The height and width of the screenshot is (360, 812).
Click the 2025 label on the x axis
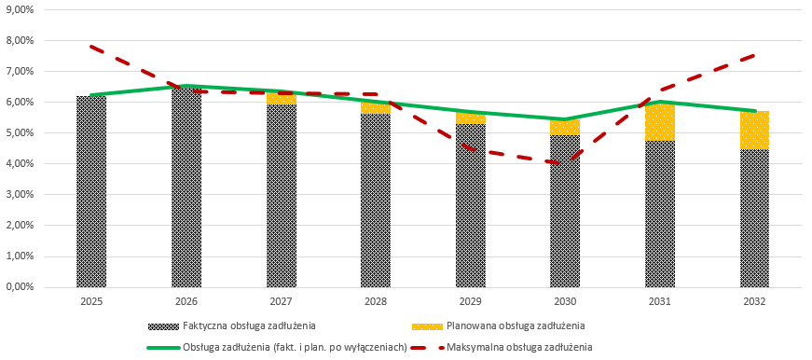click(91, 301)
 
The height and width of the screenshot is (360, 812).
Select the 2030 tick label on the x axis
click(565, 301)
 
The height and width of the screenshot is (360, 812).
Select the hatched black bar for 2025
click(91, 191)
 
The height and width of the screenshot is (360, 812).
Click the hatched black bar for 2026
click(186, 187)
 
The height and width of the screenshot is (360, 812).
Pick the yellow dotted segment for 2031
click(660, 122)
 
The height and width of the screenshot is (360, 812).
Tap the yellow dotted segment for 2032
click(754, 131)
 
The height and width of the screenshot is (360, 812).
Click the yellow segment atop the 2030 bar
click(565, 127)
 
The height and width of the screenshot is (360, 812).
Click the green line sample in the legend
click(162, 347)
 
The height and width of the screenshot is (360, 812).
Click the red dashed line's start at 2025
click(91, 46)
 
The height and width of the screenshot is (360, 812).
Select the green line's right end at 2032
click(754, 110)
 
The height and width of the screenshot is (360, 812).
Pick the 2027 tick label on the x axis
click(282, 301)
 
